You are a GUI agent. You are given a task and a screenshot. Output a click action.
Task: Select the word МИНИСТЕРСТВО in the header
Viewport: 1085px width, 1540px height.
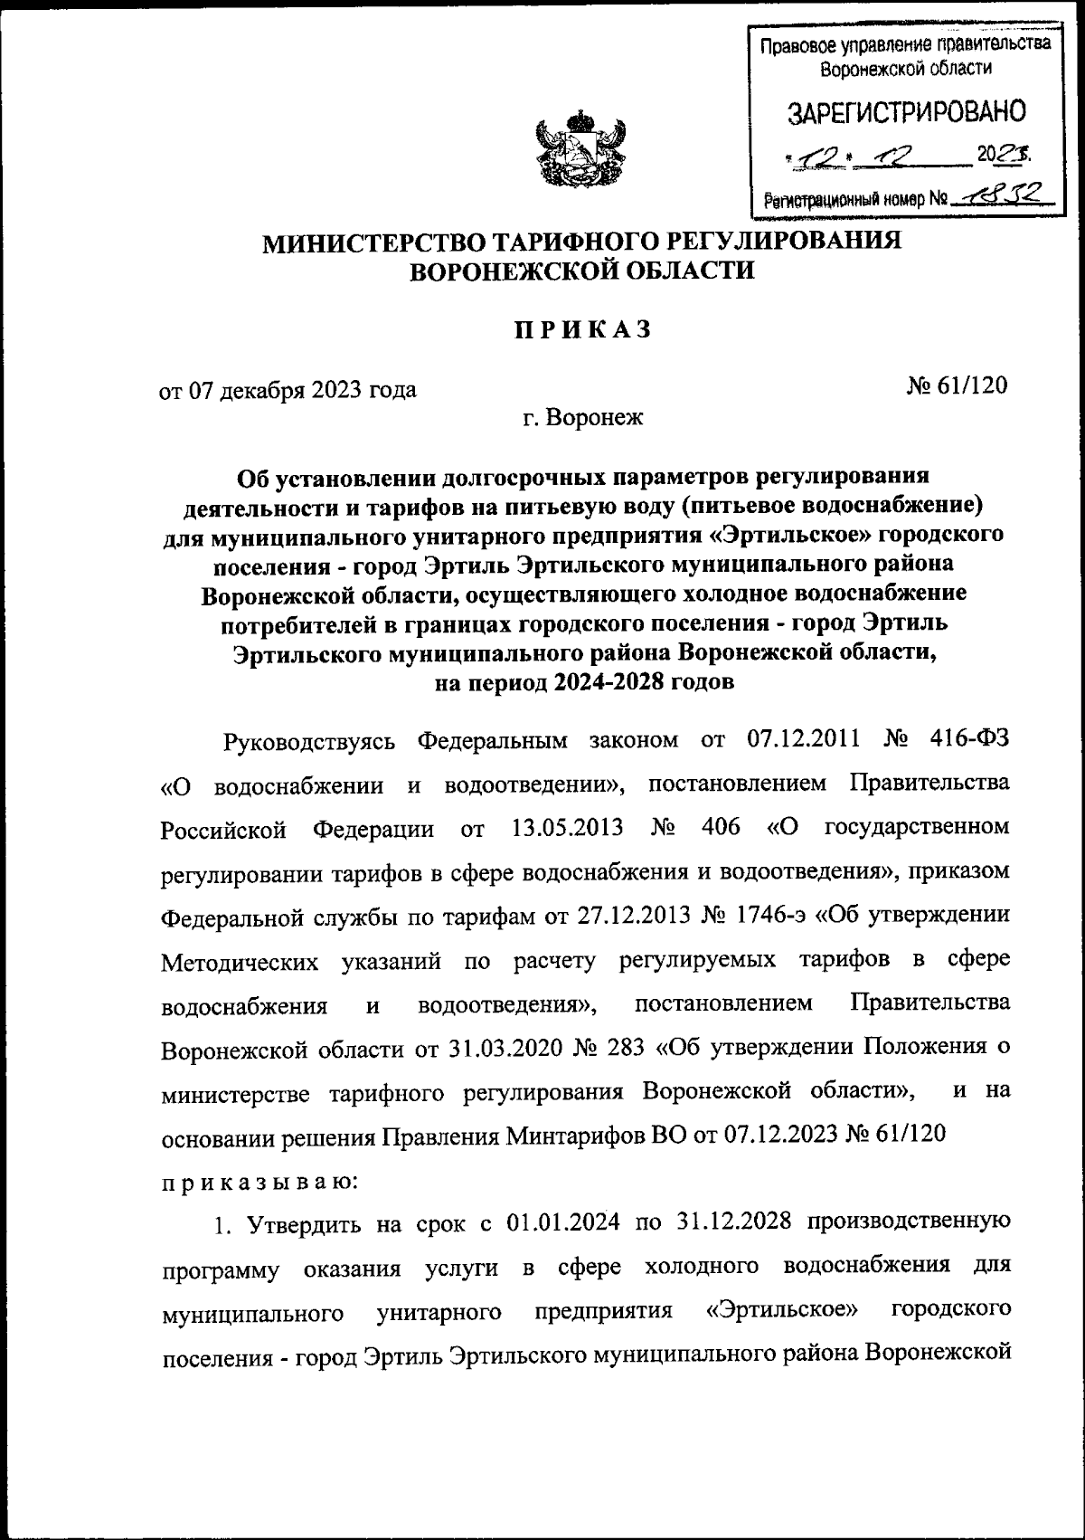(x=371, y=242)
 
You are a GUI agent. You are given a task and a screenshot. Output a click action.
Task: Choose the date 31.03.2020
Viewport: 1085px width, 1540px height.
(x=503, y=1048)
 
